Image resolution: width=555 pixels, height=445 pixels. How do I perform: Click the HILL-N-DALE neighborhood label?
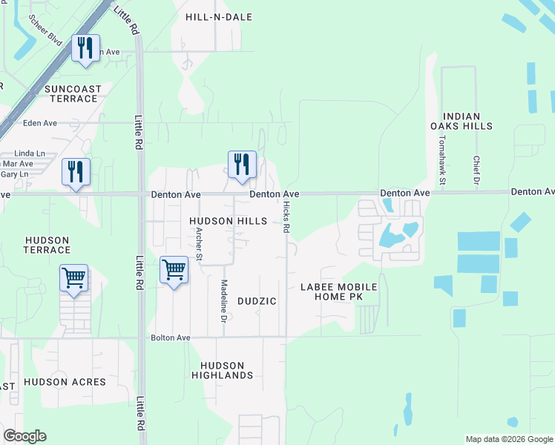219,16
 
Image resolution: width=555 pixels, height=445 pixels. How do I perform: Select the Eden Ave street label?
40,123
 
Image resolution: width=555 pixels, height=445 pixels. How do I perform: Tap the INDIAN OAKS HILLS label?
467,122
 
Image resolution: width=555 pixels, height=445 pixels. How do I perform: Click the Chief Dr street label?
476,171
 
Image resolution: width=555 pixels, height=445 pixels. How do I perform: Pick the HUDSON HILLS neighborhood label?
227,221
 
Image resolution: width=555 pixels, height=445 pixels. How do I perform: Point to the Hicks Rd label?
286,217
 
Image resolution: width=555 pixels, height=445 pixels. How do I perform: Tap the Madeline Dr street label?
223,300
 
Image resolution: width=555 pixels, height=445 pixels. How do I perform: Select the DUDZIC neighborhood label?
257,301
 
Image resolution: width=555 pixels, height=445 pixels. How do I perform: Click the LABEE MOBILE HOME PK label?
339,291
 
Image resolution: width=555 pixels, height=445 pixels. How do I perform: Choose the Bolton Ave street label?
171,337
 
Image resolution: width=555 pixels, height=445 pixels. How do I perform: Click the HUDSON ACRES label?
65,382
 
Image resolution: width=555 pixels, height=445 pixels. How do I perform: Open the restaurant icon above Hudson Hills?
241,165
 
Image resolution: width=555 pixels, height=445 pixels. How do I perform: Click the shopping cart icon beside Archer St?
174,271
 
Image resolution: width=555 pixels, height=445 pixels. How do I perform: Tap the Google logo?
24,436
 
